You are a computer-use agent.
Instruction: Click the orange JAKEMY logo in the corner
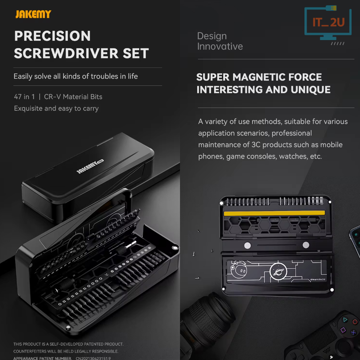[x=33, y=14]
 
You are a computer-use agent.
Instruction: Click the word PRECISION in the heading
[x=53, y=36]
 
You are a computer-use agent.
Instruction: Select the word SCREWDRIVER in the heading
[x=66, y=53]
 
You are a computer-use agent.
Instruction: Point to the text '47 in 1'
[x=24, y=97]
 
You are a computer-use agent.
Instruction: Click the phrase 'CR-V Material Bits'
[x=73, y=97]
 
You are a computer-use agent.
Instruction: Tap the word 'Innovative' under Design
[x=220, y=46]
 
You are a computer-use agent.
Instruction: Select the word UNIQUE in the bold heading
[x=310, y=90]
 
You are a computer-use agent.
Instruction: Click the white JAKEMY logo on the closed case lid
[x=90, y=166]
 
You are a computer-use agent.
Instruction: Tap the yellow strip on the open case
[x=274, y=213]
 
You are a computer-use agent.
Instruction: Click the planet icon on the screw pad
[x=278, y=272]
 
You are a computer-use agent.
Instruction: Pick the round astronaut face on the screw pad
[x=239, y=270]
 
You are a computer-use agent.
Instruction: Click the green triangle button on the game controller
[x=345, y=320]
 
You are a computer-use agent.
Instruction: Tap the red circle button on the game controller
[x=355, y=322]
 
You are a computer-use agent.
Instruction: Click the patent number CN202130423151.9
[x=93, y=358]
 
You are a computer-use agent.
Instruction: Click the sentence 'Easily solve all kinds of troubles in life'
[x=76, y=76]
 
